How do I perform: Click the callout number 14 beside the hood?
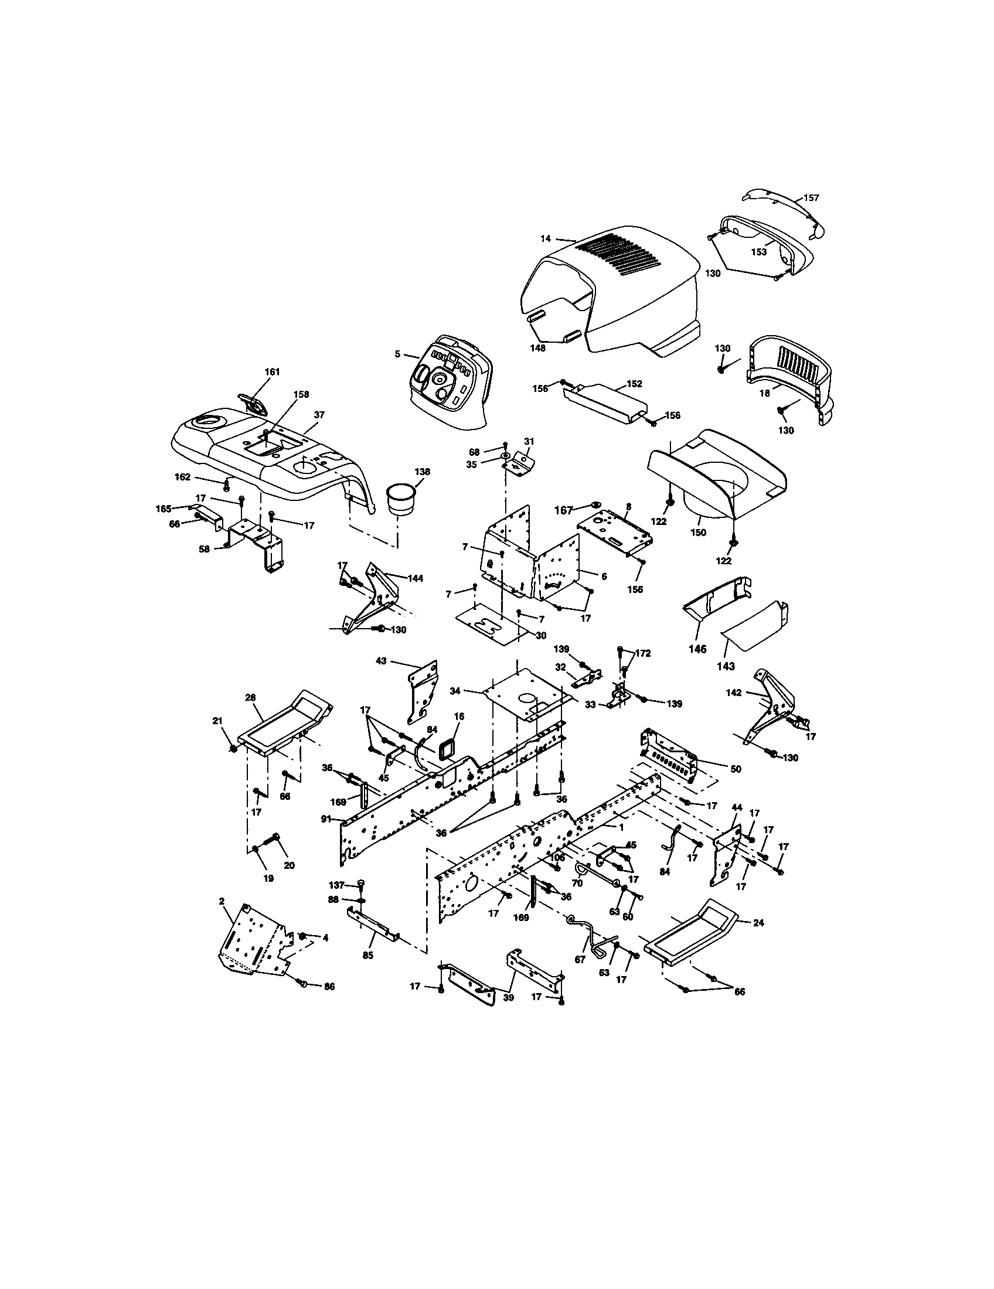545,238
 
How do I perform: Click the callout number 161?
272,371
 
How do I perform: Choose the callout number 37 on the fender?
319,415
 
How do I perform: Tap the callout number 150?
697,532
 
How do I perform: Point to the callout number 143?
726,666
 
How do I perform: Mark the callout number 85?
367,955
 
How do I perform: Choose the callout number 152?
634,384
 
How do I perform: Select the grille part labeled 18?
791,366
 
